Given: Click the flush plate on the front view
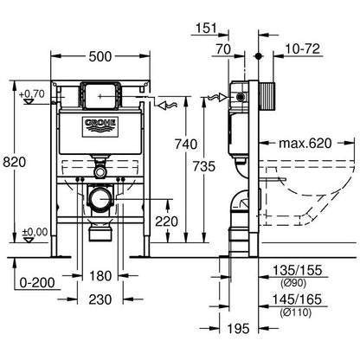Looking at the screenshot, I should [x=100, y=93].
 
